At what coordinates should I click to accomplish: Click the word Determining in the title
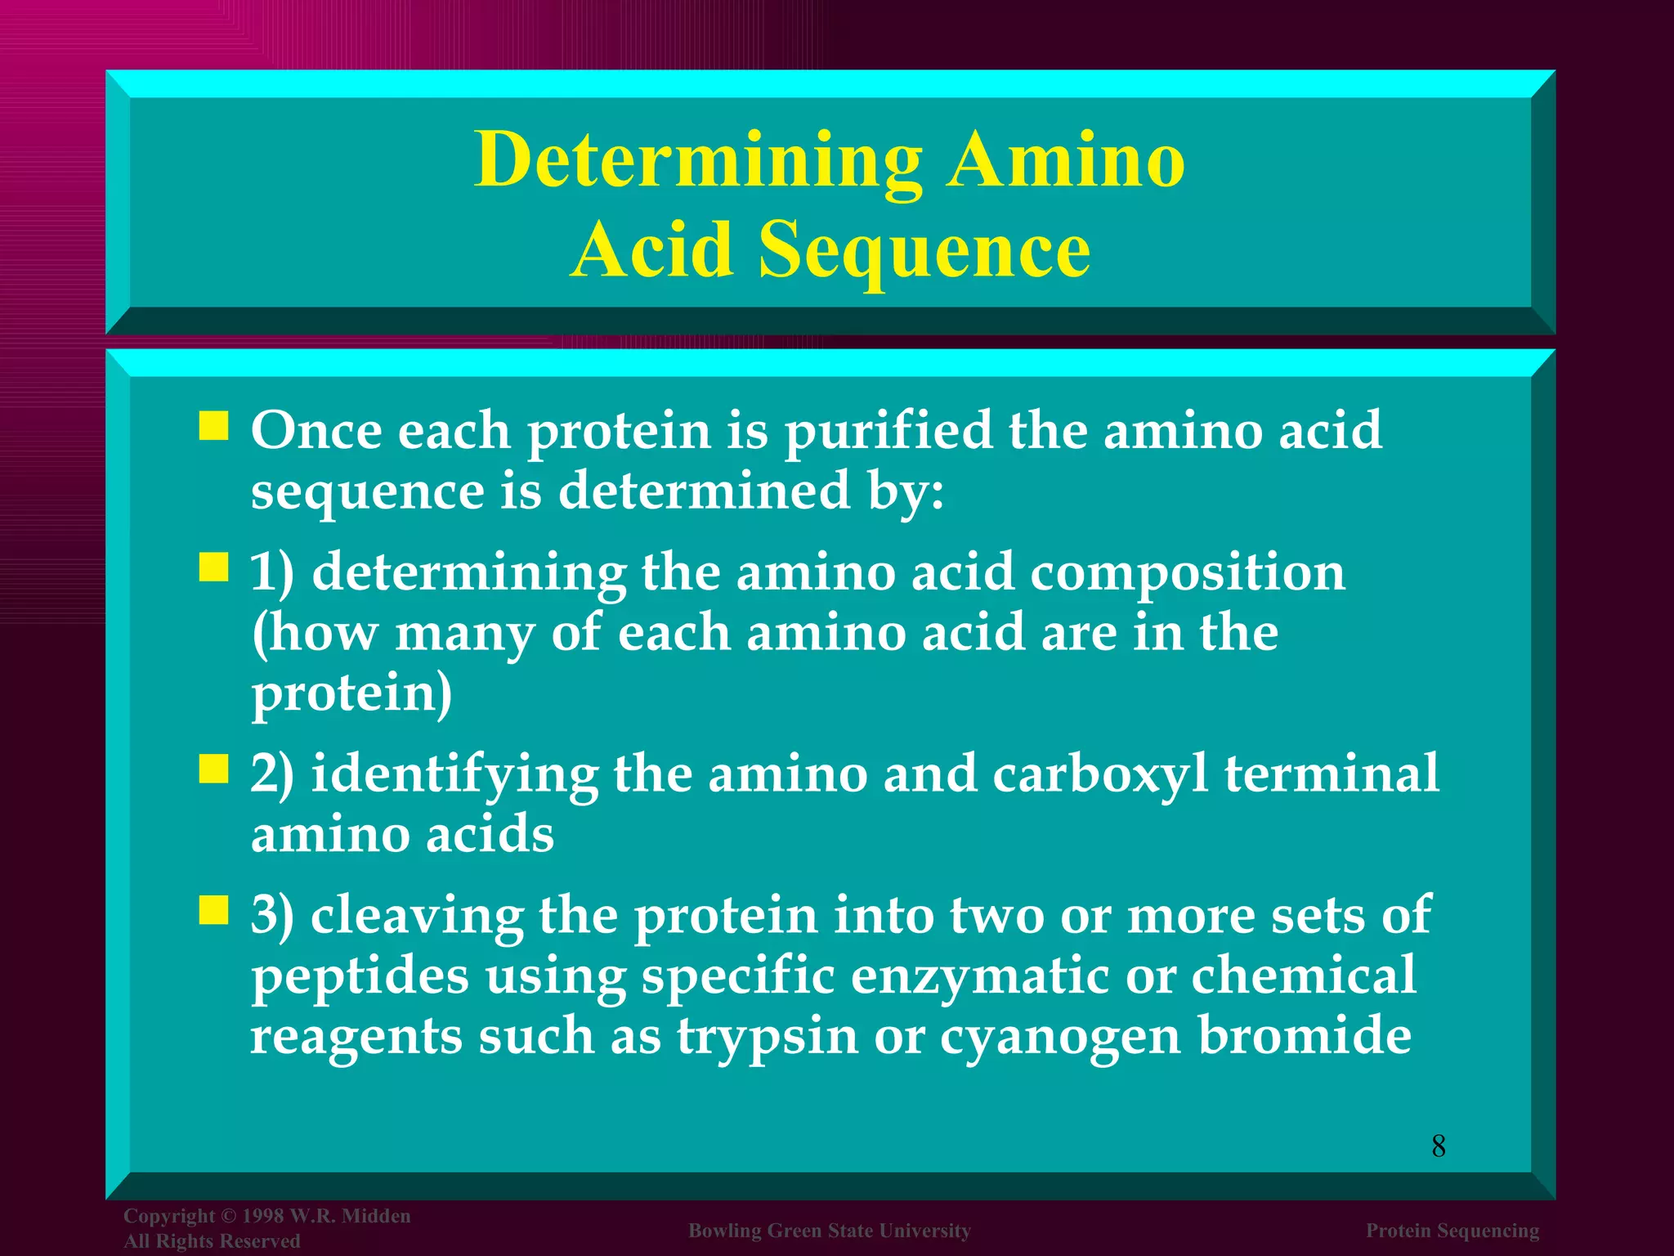[x=698, y=161]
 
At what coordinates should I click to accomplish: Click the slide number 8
[x=1439, y=1146]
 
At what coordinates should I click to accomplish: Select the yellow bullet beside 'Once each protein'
[x=213, y=426]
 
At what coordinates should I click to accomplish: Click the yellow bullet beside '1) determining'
[x=213, y=567]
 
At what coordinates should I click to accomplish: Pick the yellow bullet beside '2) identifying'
[x=213, y=769]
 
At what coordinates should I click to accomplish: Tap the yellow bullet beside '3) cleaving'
[x=213, y=909]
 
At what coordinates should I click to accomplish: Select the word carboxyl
[x=1099, y=774]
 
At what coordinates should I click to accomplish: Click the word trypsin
[x=767, y=1036]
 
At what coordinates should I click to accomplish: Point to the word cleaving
[x=417, y=916]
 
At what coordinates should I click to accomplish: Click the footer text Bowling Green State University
[x=830, y=1231]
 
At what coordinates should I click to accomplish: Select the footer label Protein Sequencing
[x=1452, y=1231]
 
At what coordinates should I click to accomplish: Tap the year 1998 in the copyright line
[x=262, y=1216]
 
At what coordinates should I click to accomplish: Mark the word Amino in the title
[x=1066, y=159]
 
